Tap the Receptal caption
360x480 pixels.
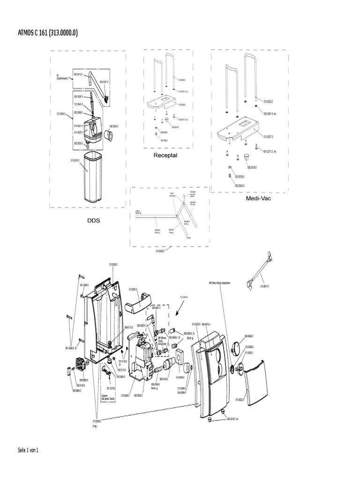(x=165, y=155)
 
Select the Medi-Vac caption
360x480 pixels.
(x=259, y=198)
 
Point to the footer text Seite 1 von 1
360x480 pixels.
(x=28, y=450)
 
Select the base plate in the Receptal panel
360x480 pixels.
(x=162, y=101)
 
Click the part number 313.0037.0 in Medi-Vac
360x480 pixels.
(x=268, y=137)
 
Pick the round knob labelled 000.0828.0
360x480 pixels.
(x=237, y=349)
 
